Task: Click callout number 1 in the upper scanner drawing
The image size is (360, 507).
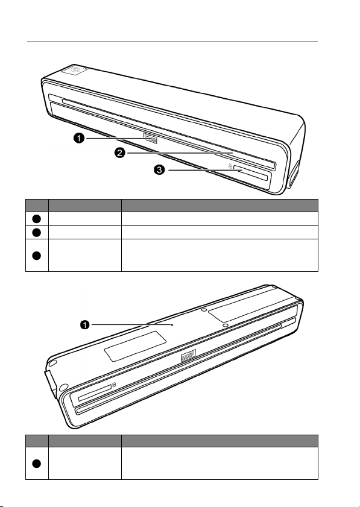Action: (78, 139)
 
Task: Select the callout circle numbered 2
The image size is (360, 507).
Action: (119, 153)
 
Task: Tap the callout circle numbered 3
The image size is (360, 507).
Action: (159, 170)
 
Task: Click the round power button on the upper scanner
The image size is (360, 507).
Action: (74, 69)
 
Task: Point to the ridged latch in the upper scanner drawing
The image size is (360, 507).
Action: (151, 139)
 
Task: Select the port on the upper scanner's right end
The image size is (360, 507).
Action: (294, 175)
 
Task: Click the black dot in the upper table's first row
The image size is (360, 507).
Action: (37, 219)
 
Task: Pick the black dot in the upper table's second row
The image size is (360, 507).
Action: (37, 232)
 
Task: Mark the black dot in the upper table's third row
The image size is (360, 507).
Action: (37, 255)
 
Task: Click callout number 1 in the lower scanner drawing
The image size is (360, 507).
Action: (85, 325)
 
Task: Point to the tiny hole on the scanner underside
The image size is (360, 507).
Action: (172, 325)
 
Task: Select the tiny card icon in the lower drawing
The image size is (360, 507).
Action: (115, 385)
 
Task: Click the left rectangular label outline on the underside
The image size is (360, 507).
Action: (136, 346)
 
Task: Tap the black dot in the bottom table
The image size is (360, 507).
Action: (37, 464)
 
